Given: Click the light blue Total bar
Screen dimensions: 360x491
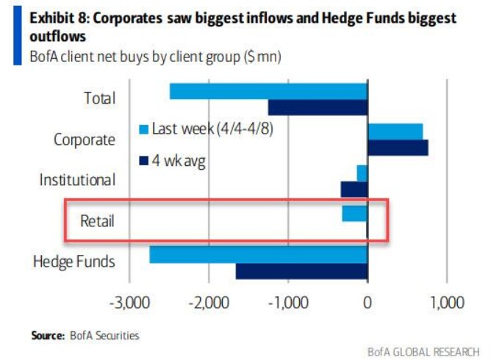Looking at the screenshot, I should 268,91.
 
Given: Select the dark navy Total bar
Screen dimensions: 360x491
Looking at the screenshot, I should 318,107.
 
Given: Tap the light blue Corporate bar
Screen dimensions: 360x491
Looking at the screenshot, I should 395,131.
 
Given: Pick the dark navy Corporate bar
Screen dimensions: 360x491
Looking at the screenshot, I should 398,147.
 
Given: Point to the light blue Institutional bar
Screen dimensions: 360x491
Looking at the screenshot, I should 362,173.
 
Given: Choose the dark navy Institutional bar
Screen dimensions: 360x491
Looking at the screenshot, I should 354,189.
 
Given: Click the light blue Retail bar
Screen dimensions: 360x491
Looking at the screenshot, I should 354,213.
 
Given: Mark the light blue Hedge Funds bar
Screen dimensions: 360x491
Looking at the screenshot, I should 258,254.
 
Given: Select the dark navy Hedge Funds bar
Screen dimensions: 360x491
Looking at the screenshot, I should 301,271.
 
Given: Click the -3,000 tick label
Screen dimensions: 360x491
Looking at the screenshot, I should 129,303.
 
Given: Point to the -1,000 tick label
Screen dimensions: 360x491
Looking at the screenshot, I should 287,303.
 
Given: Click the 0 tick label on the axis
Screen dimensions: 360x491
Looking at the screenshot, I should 367,303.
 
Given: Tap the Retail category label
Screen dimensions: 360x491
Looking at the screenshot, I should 97,220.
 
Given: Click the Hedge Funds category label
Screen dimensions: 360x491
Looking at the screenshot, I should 74,262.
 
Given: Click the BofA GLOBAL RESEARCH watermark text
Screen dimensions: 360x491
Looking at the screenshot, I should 423,350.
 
